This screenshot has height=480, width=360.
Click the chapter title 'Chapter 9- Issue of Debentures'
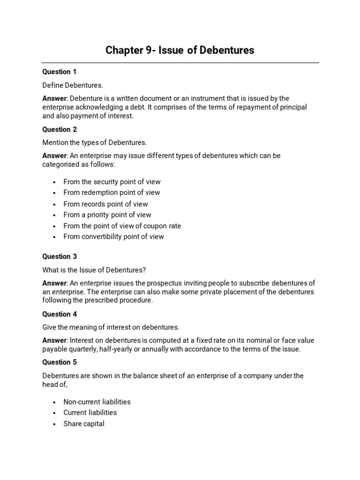[180, 50]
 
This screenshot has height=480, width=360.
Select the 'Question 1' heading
[60, 72]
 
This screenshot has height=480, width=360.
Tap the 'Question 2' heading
[60, 129]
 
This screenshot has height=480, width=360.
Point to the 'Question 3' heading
[60, 256]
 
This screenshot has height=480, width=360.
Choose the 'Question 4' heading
[60, 314]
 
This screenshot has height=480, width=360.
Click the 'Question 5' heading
[60, 362]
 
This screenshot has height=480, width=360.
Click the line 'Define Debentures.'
[73, 85]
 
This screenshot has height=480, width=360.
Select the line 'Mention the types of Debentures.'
[95, 142]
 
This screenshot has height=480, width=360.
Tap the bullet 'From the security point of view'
[112, 182]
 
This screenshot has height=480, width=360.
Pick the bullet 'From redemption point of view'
[112, 193]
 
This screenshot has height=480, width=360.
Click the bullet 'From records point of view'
[105, 204]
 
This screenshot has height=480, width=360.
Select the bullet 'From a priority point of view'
[107, 215]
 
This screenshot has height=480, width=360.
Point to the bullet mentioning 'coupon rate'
[122, 226]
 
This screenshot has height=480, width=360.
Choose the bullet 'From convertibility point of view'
[114, 237]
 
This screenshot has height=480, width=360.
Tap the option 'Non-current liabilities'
[97, 402]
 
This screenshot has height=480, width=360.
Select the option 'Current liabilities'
[90, 412]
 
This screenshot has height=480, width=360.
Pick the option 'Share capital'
[84, 424]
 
